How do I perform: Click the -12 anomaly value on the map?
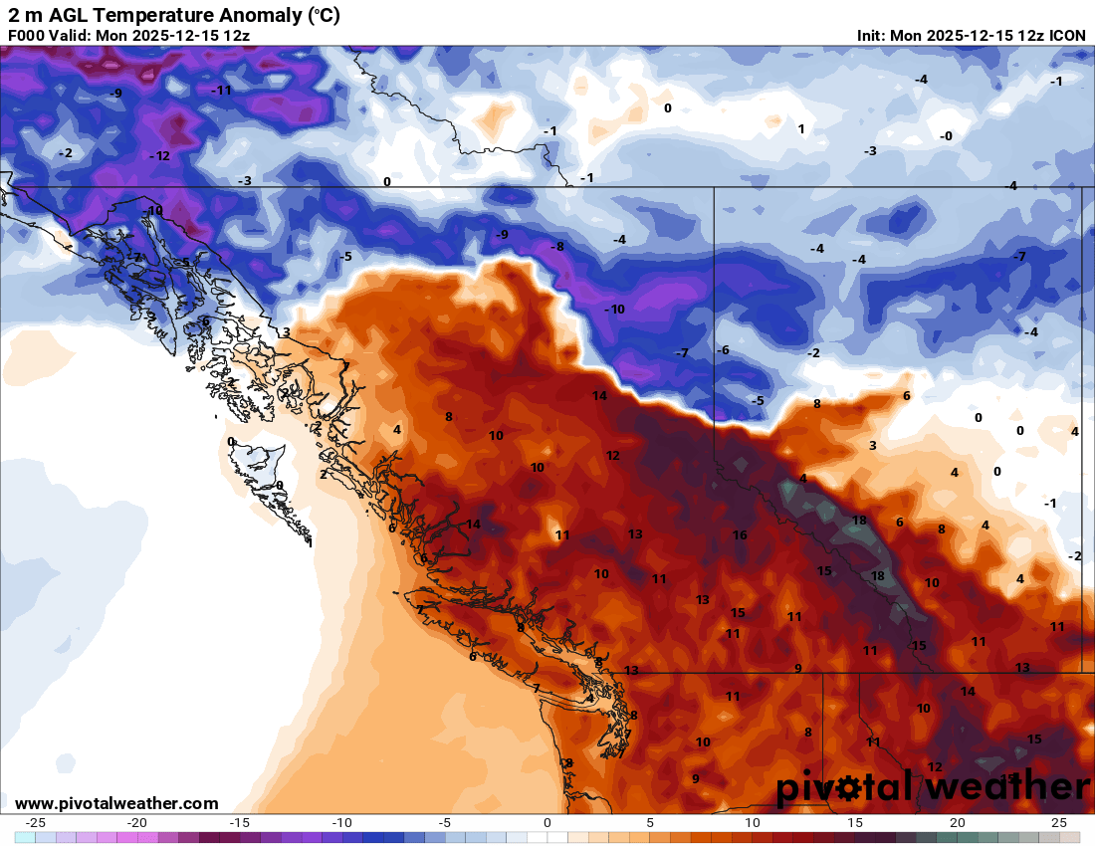[x=159, y=156]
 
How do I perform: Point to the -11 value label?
[x=221, y=90]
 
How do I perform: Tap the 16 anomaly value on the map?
[x=740, y=535]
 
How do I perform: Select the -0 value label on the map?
[x=946, y=136]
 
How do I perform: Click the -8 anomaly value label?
[x=558, y=247]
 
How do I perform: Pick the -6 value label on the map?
[x=723, y=350]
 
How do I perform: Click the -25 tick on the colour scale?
[x=35, y=823]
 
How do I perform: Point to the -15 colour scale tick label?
[x=239, y=823]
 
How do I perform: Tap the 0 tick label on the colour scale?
[x=547, y=823]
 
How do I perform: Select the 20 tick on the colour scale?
[x=957, y=823]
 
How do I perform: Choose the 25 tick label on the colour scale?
[x=1059, y=823]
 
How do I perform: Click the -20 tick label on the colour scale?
[x=137, y=823]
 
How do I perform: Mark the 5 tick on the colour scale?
[x=650, y=823]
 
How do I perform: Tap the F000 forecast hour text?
[x=26, y=36]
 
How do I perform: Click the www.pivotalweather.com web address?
[x=117, y=803]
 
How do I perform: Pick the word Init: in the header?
[x=871, y=36]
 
